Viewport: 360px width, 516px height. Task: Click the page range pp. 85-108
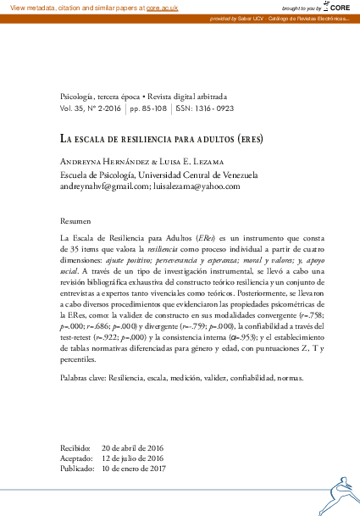click(149, 109)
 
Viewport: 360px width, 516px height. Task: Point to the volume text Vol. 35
click(74, 109)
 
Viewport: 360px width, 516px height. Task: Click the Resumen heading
click(77, 219)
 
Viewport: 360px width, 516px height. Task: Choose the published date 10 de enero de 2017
click(134, 468)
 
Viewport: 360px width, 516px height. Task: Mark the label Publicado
click(77, 468)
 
